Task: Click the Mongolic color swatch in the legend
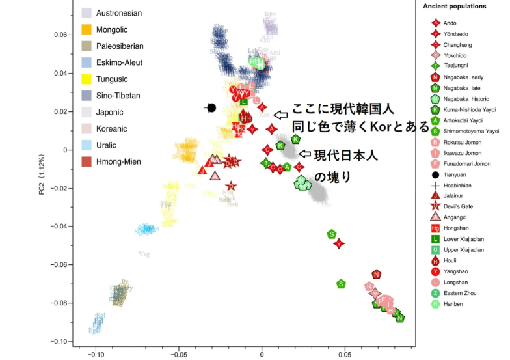point(86,29)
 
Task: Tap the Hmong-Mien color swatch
point(86,161)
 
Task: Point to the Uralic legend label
point(107,145)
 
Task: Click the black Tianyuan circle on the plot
point(211,107)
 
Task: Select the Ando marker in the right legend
point(436,23)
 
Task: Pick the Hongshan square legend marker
point(436,228)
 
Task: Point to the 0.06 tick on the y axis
point(60,35)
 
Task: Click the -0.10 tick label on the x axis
point(96,355)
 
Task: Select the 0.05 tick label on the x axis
point(345,355)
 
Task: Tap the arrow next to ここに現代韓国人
point(280,115)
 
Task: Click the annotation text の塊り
point(332,177)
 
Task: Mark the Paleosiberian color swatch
point(86,46)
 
